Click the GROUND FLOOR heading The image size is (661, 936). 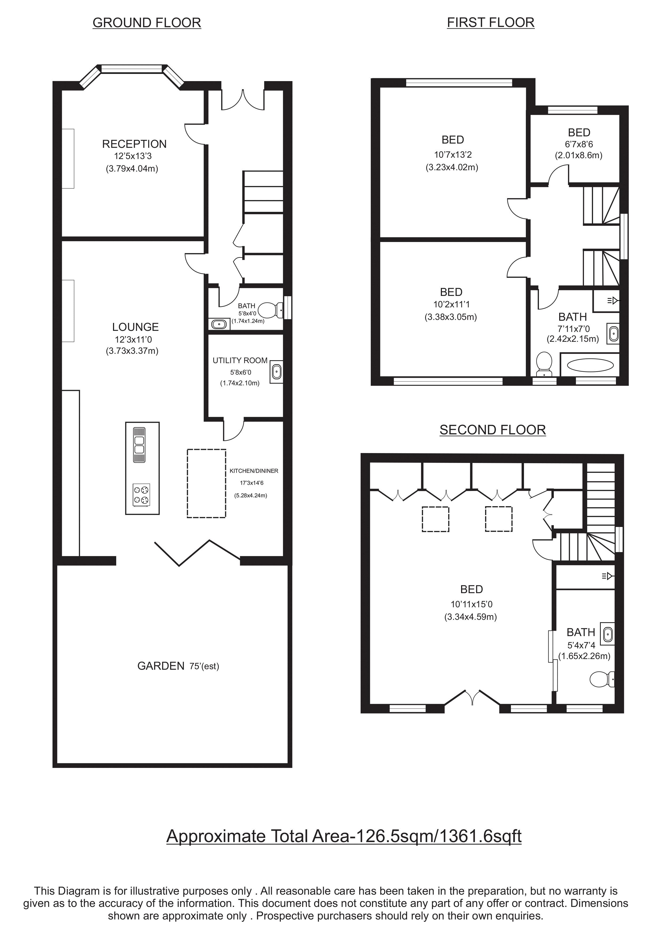pyautogui.click(x=147, y=23)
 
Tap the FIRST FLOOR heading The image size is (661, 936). pyautogui.click(x=491, y=22)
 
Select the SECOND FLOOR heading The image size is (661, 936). pyautogui.click(x=493, y=430)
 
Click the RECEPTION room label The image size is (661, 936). pyautogui.click(x=134, y=144)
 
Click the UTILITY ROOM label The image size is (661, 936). pyautogui.click(x=240, y=360)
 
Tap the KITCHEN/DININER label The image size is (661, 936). pyautogui.click(x=254, y=471)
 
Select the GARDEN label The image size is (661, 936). pyautogui.click(x=161, y=666)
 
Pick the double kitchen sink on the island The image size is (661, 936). pyautogui.click(x=139, y=445)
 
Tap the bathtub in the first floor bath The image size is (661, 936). pyautogui.click(x=590, y=365)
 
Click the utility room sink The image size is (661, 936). pyautogui.click(x=277, y=372)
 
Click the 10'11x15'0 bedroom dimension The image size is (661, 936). pyautogui.click(x=471, y=605)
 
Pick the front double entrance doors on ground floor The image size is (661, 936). pyautogui.click(x=243, y=99)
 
